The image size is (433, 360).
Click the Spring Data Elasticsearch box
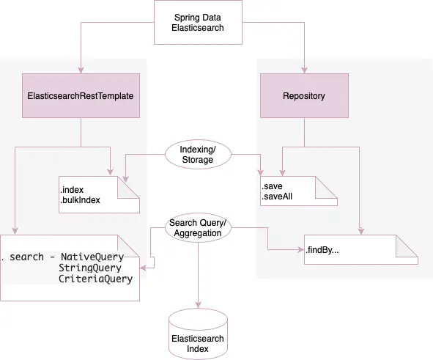coord(199,22)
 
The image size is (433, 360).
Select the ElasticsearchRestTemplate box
coord(80,96)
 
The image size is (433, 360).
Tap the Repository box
coord(303,96)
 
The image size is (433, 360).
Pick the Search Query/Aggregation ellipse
coord(198,227)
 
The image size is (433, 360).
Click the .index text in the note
coord(74,190)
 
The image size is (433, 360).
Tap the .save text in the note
coord(273,186)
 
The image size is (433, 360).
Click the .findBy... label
coord(326,250)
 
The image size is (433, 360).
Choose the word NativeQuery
coord(92,257)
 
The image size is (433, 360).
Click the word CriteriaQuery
coord(96,279)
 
